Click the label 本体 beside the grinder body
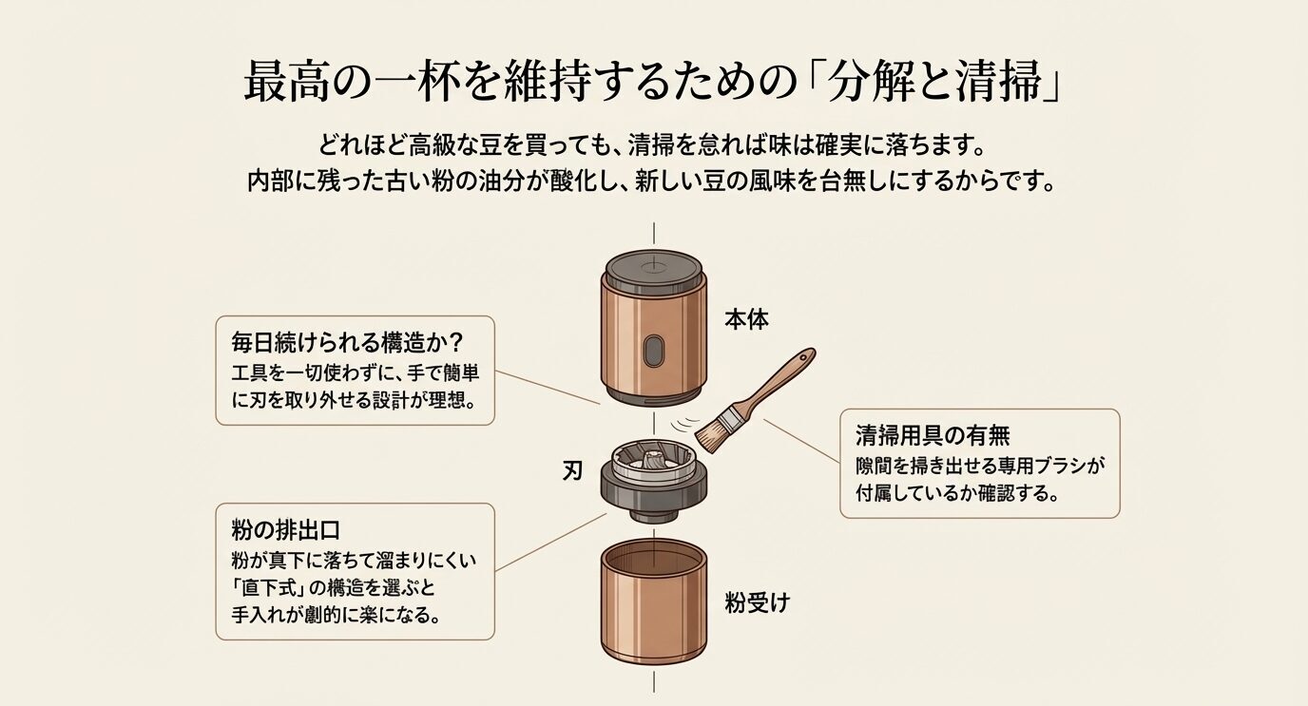pos(746,320)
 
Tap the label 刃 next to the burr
pos(572,470)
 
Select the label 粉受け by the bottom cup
pos(757,602)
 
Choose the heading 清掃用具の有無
pos(932,435)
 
